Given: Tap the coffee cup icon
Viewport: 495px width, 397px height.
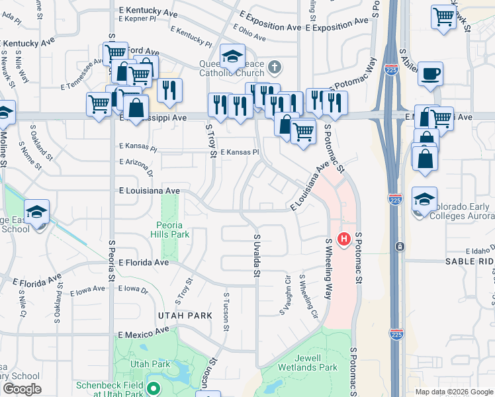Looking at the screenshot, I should [x=430, y=73].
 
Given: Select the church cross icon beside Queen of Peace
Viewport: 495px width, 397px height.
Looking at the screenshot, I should [x=275, y=67].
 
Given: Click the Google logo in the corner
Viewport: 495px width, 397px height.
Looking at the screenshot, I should [x=22, y=389].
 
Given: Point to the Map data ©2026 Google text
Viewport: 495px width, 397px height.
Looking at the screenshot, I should [x=453, y=392].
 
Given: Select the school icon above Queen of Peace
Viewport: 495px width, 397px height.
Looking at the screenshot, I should [x=232, y=58].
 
